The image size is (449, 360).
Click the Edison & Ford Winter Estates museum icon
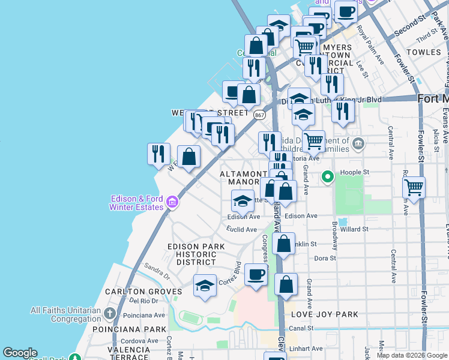[172, 202]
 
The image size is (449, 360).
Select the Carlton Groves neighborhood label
[143, 292]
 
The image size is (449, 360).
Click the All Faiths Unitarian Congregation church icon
[110, 313]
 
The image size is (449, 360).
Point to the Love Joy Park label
[324, 314]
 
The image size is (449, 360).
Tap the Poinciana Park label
[129, 329]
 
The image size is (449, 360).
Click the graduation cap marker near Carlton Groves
[205, 285]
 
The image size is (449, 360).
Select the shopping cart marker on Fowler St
[414, 187]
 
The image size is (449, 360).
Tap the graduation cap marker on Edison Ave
[243, 201]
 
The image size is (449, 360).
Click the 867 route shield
[259, 115]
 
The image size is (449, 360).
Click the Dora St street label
[325, 258]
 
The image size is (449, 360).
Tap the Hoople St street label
[354, 172]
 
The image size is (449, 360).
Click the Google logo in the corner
[20, 353]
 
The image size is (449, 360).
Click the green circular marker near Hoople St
[327, 177]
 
